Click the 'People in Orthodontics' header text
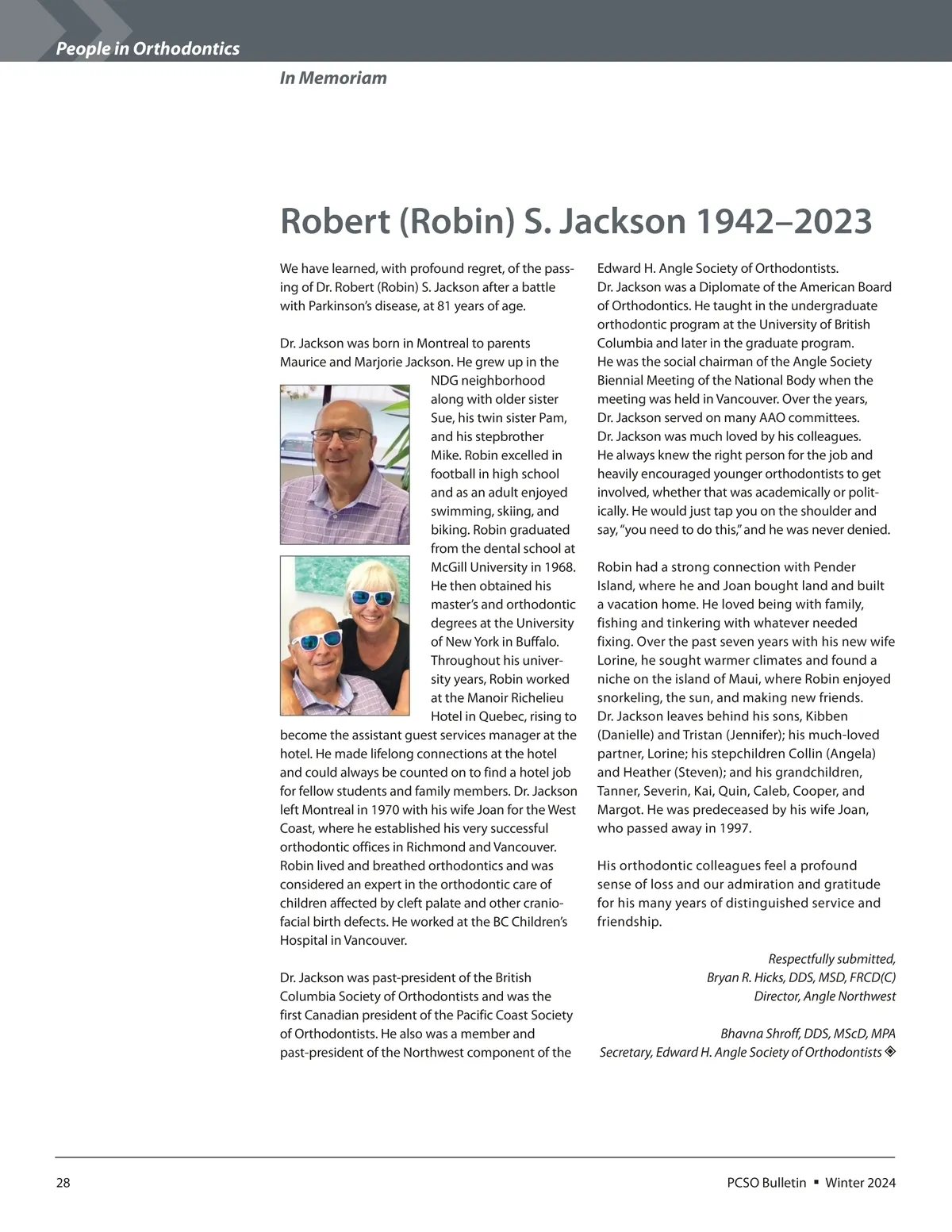[x=148, y=49]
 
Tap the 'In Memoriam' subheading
[x=333, y=78]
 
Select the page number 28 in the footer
[x=63, y=1183]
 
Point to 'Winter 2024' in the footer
[x=860, y=1183]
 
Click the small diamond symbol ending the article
[x=889, y=1052]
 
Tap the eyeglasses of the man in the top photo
[x=341, y=435]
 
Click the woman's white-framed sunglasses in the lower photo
[x=371, y=597]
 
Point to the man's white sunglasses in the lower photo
[x=316, y=640]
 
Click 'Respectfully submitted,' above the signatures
[x=831, y=959]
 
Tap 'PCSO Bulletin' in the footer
[x=766, y=1183]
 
